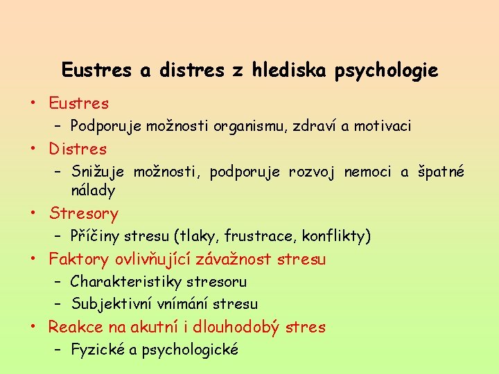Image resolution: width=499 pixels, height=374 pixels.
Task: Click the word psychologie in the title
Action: coord(387,71)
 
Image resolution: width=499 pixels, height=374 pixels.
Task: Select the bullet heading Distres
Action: coord(78,149)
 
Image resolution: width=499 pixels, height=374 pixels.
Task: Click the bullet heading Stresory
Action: coord(83,213)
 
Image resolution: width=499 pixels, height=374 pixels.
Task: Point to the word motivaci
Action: coord(384,126)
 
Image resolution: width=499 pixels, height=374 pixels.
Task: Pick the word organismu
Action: coord(248,126)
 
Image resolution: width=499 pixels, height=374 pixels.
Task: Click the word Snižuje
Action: coord(98,172)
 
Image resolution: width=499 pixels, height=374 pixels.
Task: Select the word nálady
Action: coord(93,190)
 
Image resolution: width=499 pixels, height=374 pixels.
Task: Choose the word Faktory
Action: coord(79,260)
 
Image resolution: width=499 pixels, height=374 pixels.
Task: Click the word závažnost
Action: coord(234,260)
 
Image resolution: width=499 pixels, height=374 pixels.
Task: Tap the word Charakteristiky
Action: coord(124,282)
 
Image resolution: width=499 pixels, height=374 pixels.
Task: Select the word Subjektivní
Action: coord(112,304)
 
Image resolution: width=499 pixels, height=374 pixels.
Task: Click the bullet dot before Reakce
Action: coord(33,327)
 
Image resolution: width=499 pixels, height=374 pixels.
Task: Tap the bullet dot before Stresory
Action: coord(33,213)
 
